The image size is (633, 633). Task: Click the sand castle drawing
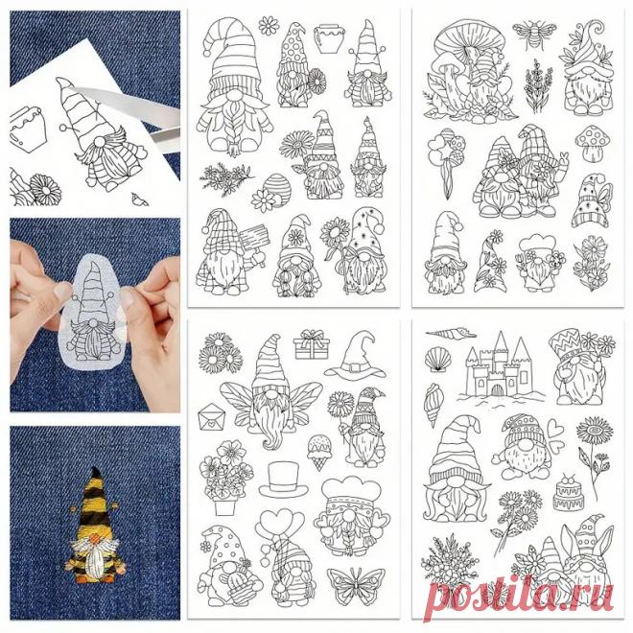coord(501,369)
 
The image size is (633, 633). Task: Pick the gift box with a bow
coord(312,344)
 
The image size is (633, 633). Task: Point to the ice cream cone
coord(319,452)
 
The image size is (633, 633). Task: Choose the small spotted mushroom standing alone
coord(593,141)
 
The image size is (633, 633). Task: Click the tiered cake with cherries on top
coord(569,492)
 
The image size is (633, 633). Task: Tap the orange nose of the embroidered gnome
coord(95,538)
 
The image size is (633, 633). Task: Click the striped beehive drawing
coord(276,191)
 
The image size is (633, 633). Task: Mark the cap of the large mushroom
coord(470,38)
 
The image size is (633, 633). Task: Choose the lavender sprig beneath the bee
coord(537,85)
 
